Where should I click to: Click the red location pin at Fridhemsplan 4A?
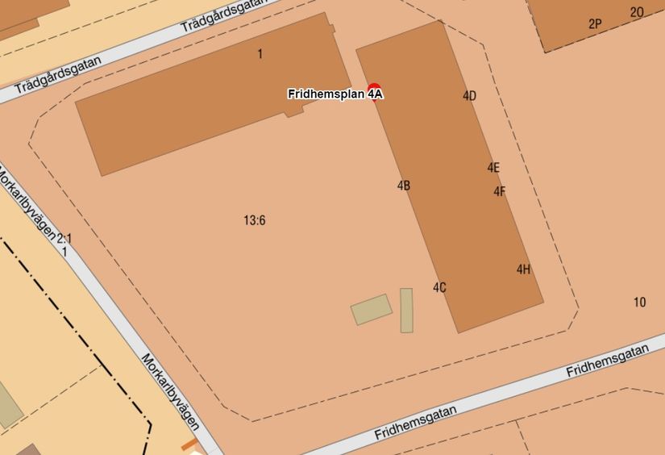click(x=374, y=89)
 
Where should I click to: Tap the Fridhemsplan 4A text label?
click(x=335, y=94)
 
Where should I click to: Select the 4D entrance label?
click(x=469, y=96)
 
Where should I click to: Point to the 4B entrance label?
click(x=404, y=186)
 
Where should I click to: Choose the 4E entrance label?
click(x=493, y=168)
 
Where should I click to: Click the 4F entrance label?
click(x=500, y=191)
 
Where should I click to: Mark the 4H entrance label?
click(x=523, y=269)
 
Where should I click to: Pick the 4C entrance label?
click(x=439, y=287)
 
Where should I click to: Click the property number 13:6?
click(x=254, y=219)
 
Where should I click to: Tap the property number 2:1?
click(x=64, y=239)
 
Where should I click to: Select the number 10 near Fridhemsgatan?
click(x=639, y=303)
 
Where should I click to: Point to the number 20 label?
click(x=637, y=12)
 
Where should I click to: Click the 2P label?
click(x=595, y=24)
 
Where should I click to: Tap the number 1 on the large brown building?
click(x=260, y=54)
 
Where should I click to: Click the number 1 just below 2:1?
click(x=64, y=252)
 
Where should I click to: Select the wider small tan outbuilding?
click(x=372, y=309)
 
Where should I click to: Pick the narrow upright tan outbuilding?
click(x=406, y=310)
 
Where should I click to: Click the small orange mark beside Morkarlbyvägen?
click(x=189, y=444)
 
